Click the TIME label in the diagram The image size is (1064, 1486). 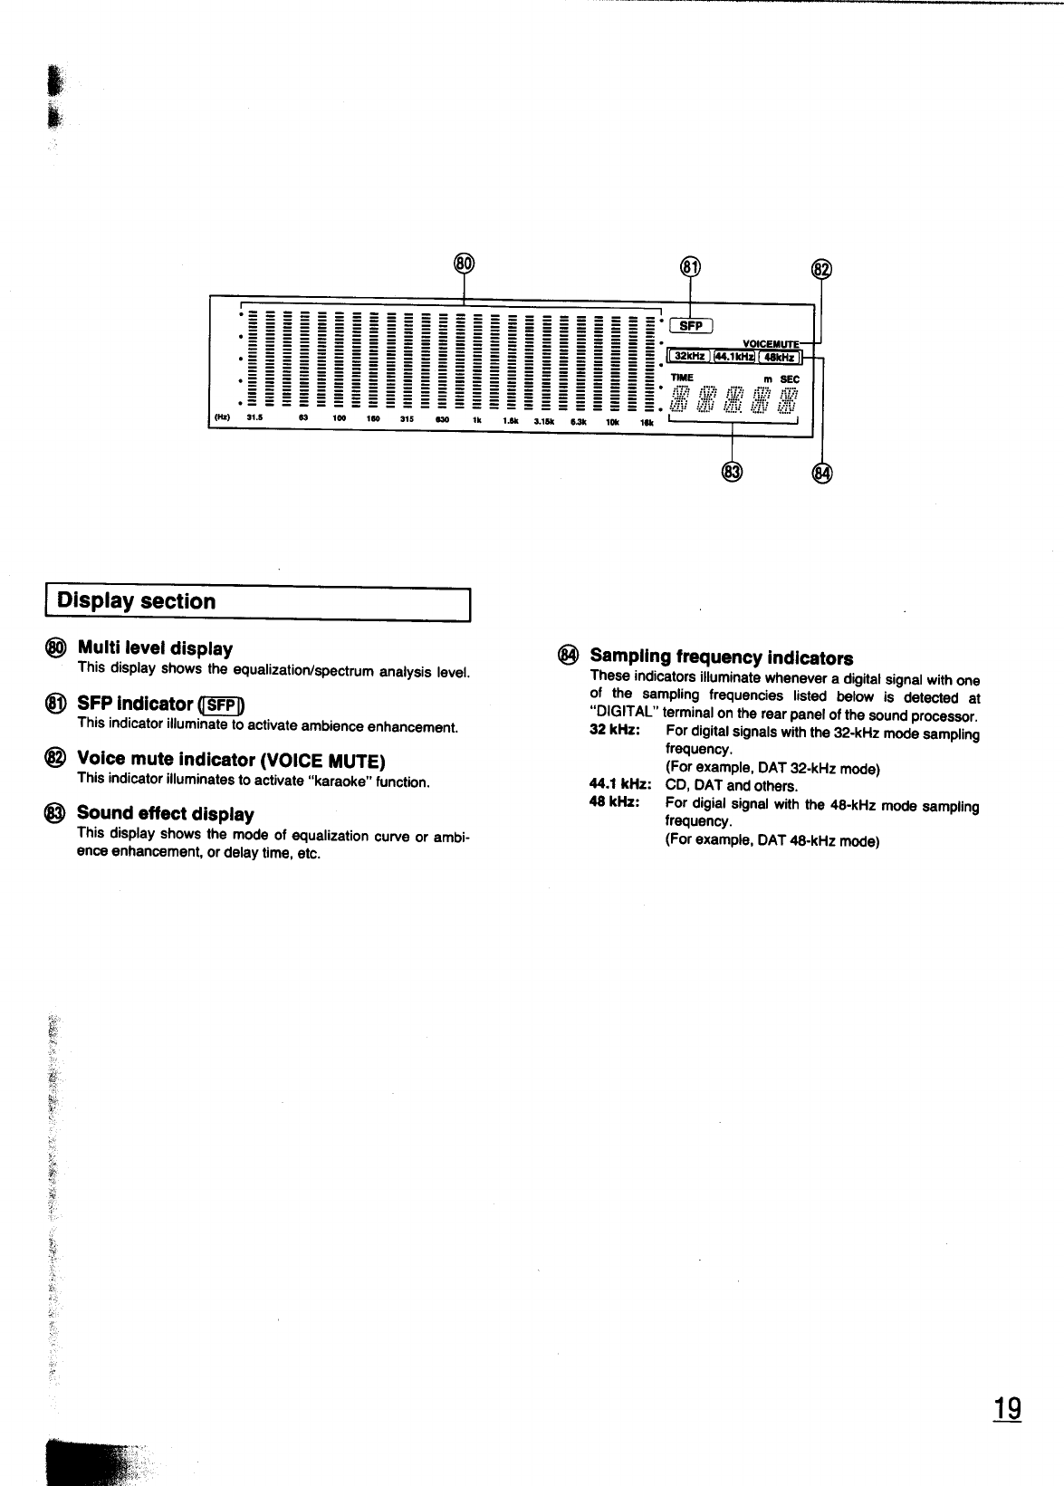682,378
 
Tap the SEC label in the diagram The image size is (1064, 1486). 791,379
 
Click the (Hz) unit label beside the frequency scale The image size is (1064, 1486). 220,418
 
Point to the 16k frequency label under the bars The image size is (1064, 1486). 647,420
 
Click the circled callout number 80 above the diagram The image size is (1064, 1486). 464,263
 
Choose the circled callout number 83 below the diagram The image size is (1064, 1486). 732,471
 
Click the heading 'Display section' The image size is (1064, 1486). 137,601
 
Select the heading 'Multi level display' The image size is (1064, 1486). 155,648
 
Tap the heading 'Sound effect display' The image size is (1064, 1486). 165,813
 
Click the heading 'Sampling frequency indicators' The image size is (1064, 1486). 721,657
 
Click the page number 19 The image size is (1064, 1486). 1007,1410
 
